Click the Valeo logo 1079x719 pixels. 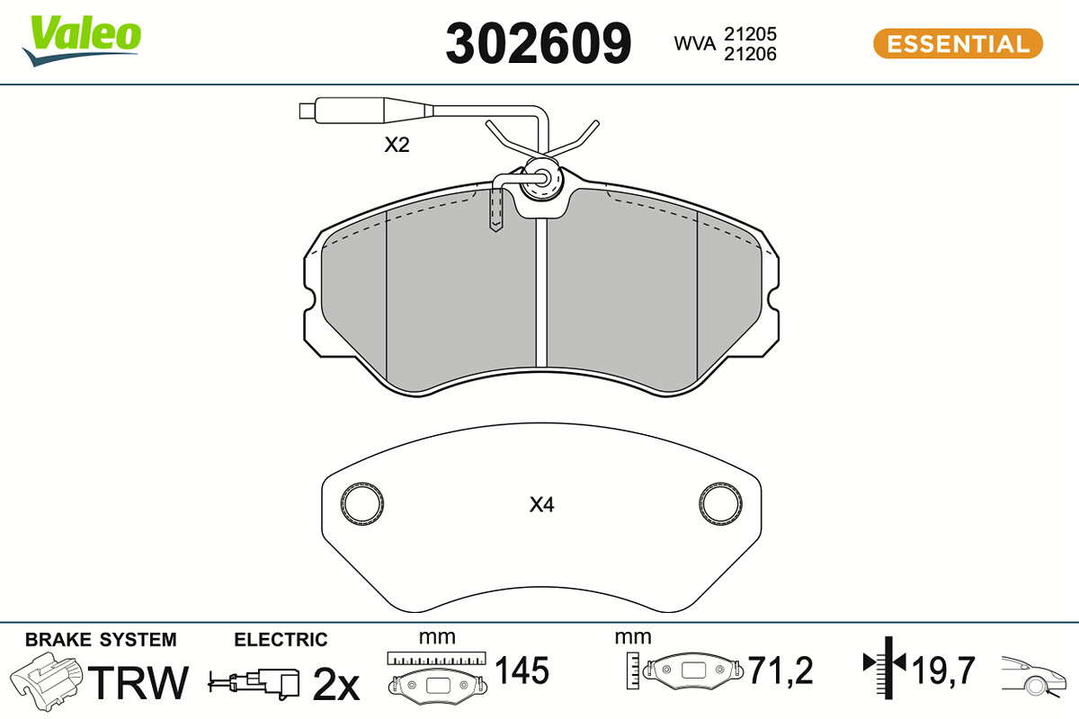pos(82,40)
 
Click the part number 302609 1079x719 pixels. pos(538,43)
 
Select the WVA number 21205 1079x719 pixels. pos(750,34)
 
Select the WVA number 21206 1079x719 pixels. pos(750,54)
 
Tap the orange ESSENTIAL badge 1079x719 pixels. pos(958,44)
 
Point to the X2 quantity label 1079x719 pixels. pos(397,145)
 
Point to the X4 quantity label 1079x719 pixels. pos(541,505)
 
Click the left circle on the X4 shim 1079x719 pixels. pos(362,503)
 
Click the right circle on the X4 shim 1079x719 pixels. pos(720,503)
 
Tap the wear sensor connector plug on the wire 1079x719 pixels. pos(366,111)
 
